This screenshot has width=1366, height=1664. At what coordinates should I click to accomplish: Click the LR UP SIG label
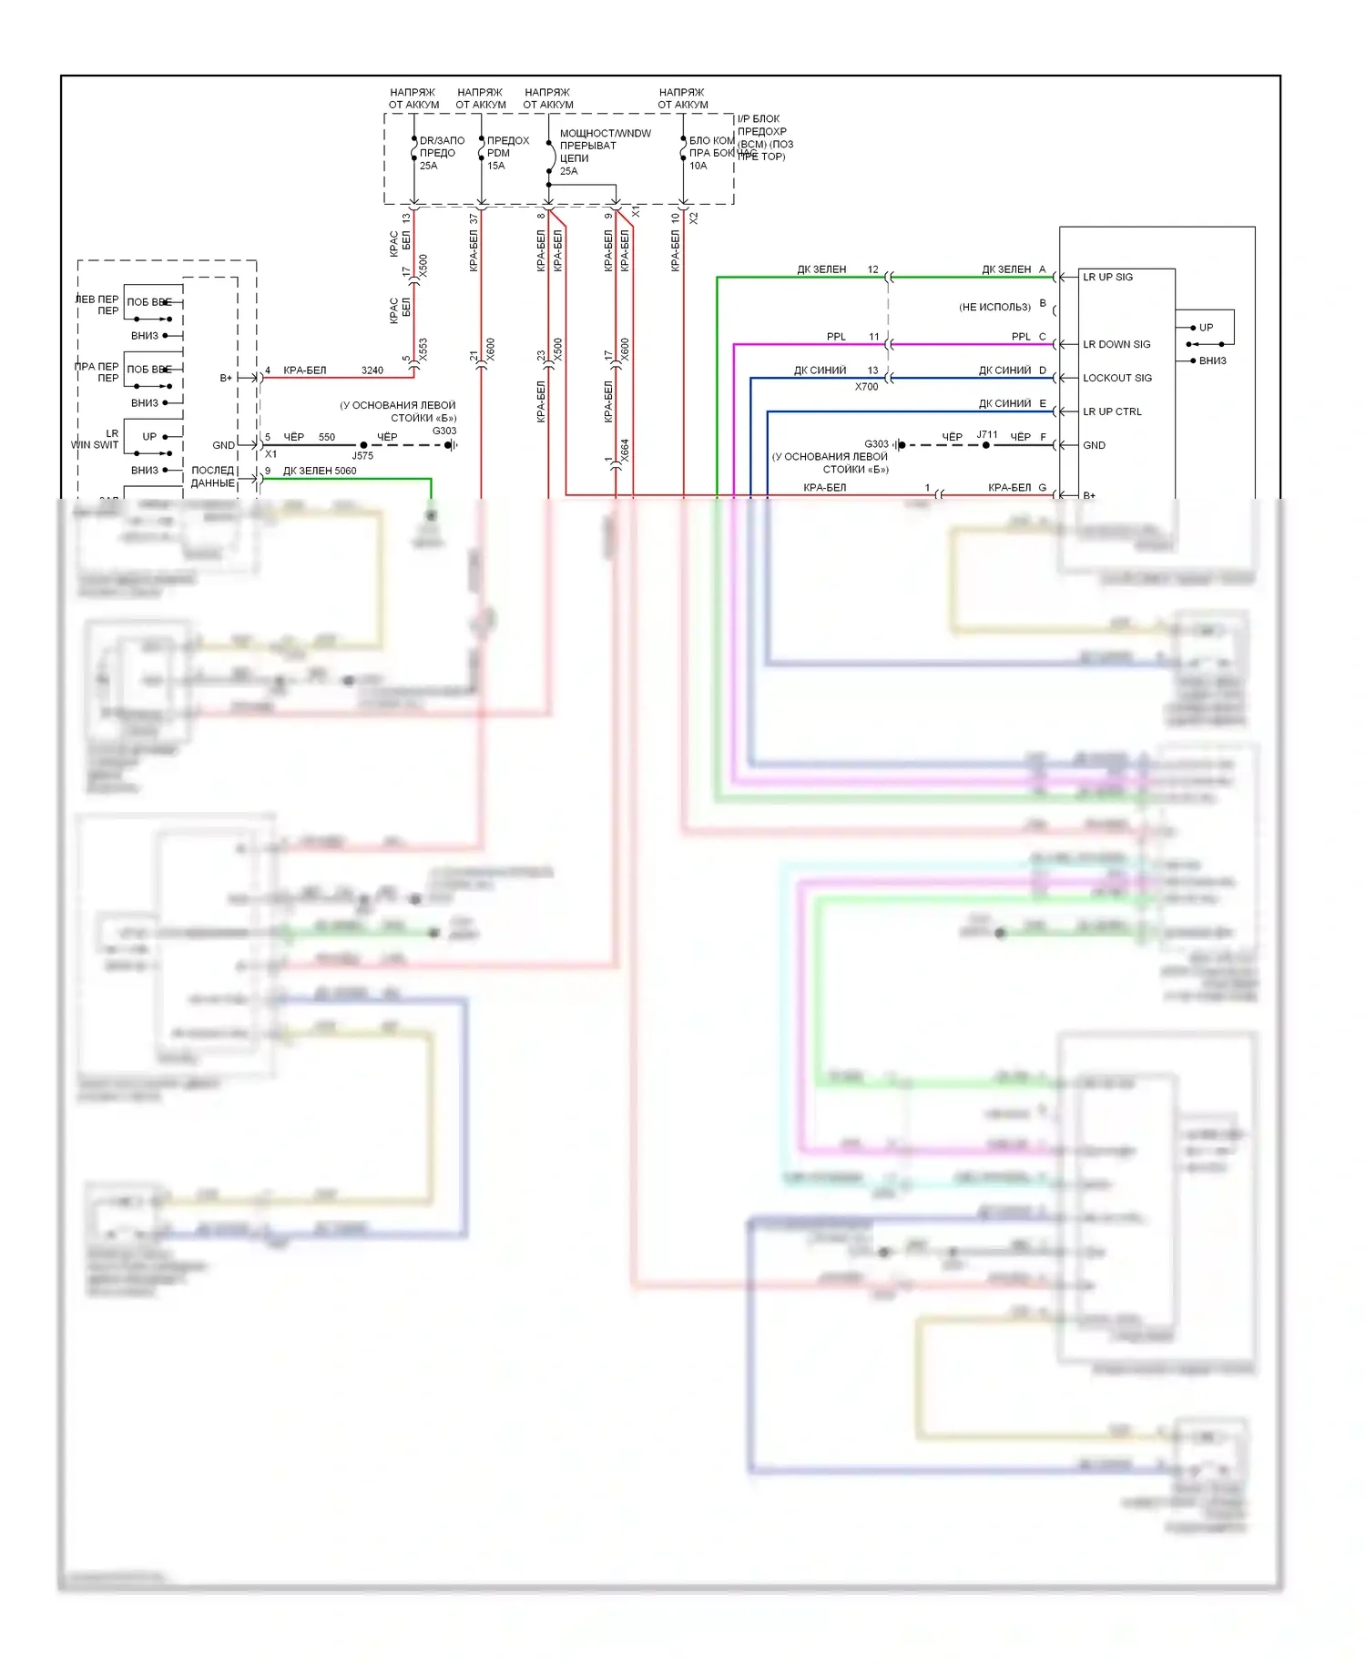pos(1107,277)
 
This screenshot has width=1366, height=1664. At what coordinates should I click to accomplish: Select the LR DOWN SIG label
pos(1116,344)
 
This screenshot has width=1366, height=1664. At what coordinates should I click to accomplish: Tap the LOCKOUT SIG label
pos(1116,378)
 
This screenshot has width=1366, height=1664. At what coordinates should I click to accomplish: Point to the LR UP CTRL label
pos(1112,411)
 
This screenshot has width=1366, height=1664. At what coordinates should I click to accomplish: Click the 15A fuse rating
pos(495,166)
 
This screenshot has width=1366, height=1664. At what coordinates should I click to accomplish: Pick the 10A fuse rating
pos(698,166)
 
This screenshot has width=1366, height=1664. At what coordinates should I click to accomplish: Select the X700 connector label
pos(866,387)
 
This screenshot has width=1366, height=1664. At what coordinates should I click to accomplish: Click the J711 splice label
pos(987,434)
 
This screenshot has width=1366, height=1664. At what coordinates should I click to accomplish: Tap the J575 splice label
pos(362,456)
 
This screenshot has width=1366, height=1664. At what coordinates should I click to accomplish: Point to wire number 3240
pos(372,370)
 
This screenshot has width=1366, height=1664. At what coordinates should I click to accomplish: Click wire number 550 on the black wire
pos(327,437)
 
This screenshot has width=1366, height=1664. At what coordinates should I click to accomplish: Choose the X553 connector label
pos(423,350)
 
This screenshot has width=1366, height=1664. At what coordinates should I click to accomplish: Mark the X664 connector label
pos(626,451)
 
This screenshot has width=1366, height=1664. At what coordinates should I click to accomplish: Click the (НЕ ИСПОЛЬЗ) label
pos(994,308)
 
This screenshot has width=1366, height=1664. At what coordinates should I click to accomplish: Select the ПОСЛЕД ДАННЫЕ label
pos(213,477)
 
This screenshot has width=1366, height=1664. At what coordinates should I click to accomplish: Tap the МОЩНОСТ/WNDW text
pos(605,134)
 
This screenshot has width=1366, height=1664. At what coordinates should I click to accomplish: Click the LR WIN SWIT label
pos(96,440)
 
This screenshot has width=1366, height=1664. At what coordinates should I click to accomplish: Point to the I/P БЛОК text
pos(758,119)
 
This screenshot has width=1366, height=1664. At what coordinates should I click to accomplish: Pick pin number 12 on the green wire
pos(872,269)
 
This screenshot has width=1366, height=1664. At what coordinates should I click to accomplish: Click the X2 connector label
pos(694,218)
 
